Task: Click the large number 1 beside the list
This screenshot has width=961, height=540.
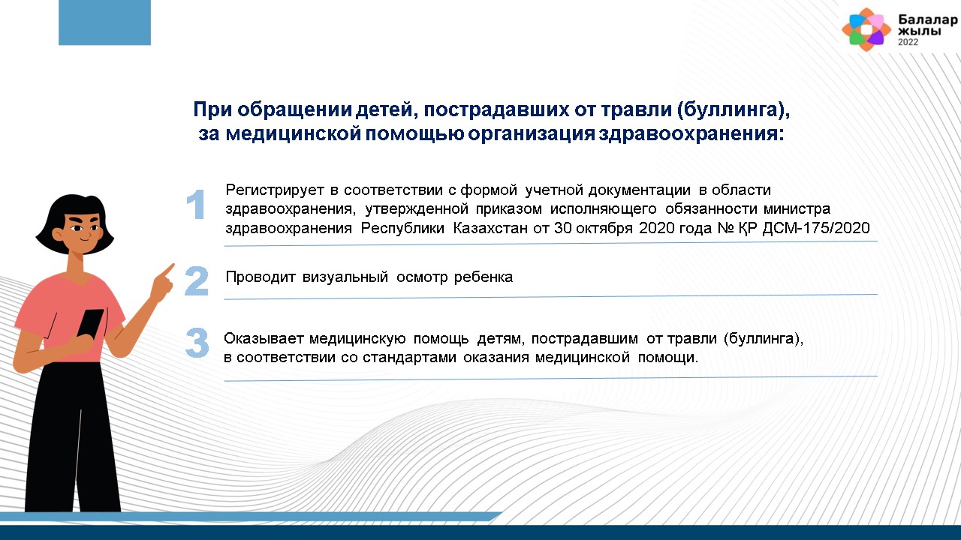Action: coord(196,205)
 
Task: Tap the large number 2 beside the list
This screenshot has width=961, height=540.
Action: coord(197,280)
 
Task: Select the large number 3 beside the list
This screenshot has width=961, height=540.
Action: coord(197,343)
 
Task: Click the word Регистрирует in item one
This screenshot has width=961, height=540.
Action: coord(275,190)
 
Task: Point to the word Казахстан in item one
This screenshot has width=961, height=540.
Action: coord(490,227)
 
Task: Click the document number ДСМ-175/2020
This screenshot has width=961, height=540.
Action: coord(816,227)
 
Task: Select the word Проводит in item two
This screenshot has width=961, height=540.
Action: coord(261,277)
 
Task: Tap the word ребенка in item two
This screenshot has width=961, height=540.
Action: coord(483,277)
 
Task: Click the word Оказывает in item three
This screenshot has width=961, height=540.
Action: coord(264,338)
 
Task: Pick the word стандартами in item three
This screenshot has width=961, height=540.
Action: coord(409,358)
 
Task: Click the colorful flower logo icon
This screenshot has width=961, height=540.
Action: coord(866,29)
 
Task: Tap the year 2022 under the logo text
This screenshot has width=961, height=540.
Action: coord(908,43)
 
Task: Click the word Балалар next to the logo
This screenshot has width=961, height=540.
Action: coord(927,19)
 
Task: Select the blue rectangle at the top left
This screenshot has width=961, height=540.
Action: coord(104,22)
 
